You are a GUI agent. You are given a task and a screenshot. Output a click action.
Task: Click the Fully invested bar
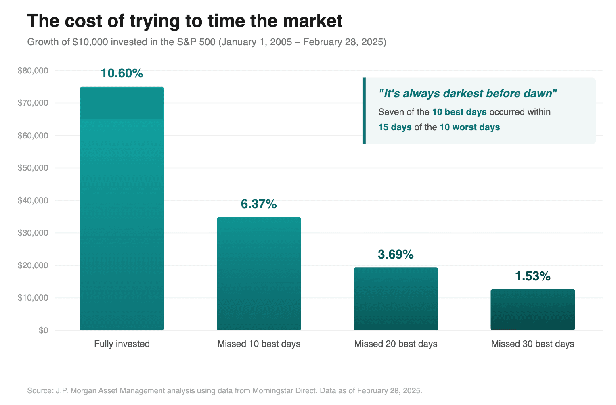click(122, 209)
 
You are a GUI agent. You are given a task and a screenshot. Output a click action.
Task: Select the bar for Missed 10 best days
click(259, 274)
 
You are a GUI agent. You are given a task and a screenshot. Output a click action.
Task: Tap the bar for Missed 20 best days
click(396, 299)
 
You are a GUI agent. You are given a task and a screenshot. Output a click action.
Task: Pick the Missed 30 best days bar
click(532, 310)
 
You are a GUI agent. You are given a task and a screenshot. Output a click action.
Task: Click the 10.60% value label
click(122, 73)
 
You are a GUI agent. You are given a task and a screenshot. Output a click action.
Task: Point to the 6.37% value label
click(259, 204)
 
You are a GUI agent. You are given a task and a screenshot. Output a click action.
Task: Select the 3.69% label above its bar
click(396, 255)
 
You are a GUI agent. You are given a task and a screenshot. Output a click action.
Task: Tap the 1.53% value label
click(532, 276)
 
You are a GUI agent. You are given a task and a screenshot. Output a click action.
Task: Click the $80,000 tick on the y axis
click(33, 71)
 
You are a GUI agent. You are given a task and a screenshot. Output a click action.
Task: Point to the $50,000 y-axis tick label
click(33, 168)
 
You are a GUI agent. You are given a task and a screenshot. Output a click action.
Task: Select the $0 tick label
click(43, 330)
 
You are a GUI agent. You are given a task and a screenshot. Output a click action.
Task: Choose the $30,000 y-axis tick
click(33, 233)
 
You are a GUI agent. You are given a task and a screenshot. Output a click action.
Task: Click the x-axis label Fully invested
click(122, 344)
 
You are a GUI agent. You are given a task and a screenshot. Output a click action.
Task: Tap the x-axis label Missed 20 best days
click(396, 344)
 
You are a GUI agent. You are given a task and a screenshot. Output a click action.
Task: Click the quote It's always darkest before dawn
click(467, 94)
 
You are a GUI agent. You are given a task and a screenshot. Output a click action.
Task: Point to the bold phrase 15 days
click(395, 127)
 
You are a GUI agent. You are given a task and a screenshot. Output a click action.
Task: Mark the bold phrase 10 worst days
click(469, 127)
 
